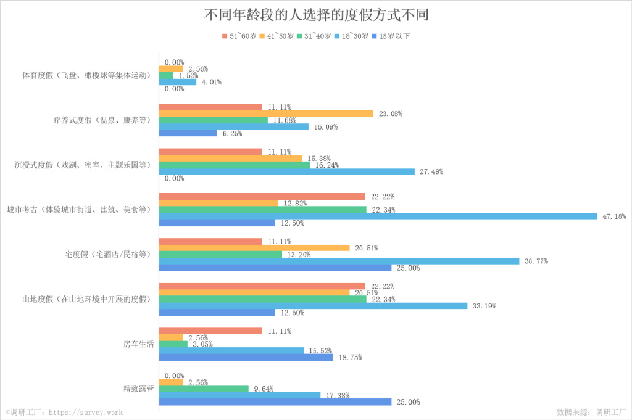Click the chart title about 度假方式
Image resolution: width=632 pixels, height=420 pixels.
pyautogui.click(x=316, y=15)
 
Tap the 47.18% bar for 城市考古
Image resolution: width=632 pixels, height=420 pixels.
pyautogui.click(x=378, y=216)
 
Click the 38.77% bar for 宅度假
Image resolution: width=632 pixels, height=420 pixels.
pyautogui.click(x=339, y=261)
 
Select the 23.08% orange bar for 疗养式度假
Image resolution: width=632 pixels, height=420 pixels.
pyautogui.click(x=266, y=113)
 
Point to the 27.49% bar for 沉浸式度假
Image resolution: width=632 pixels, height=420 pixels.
pyautogui.click(x=286, y=171)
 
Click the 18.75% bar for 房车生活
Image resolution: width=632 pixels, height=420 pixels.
pyautogui.click(x=246, y=357)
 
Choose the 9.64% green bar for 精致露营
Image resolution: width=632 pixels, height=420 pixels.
pyautogui.click(x=204, y=389)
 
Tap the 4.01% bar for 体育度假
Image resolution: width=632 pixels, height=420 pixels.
pyautogui.click(x=178, y=82)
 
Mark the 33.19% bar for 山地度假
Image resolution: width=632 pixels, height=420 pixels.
pyautogui.click(x=313, y=306)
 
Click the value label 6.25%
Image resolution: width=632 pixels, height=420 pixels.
pyautogui.click(x=232, y=133)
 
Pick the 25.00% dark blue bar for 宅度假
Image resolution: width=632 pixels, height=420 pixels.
pyautogui.click(x=275, y=268)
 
